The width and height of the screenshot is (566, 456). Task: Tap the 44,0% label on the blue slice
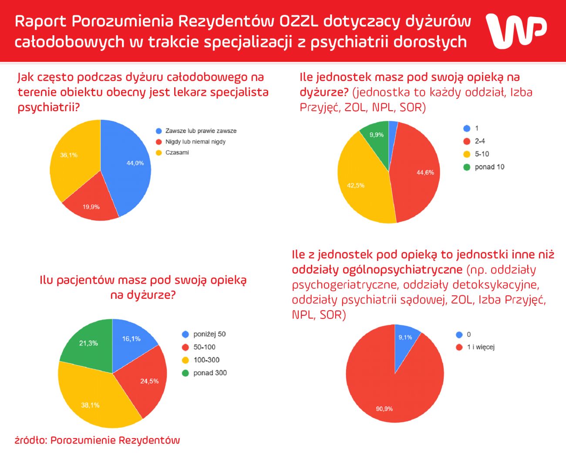135,163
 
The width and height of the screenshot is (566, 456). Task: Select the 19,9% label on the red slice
91,207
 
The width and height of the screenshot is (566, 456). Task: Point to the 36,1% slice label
69,155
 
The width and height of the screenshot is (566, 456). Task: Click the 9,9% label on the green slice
377,135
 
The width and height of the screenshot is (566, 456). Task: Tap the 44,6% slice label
425,172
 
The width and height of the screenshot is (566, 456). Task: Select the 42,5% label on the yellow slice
356,186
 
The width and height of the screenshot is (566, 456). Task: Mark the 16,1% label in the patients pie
131,339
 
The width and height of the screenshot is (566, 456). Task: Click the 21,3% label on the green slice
88,343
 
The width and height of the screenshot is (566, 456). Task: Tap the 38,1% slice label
90,405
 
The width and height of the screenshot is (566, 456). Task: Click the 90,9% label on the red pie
384,409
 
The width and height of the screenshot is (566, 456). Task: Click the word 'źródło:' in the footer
30,440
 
